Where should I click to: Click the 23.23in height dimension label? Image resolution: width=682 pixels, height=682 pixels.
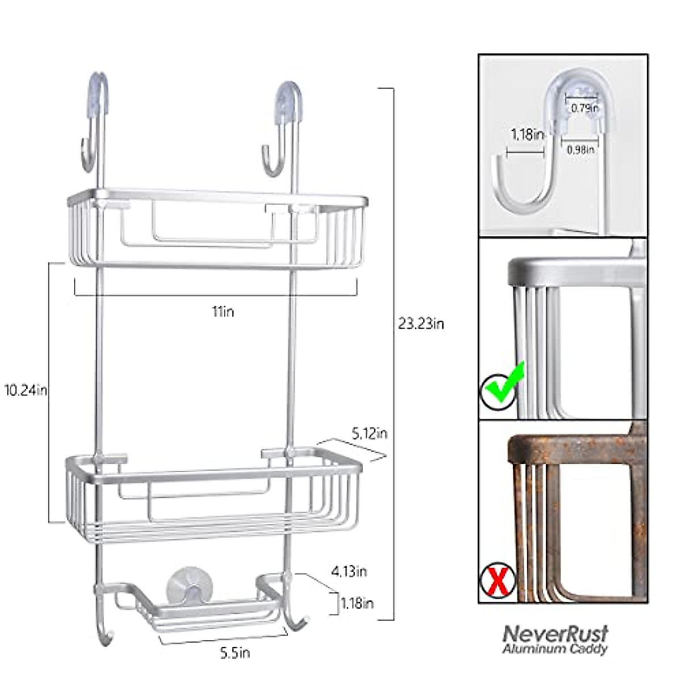421,324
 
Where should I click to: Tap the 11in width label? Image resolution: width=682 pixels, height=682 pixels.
223,311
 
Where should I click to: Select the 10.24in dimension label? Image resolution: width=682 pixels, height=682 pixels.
25,390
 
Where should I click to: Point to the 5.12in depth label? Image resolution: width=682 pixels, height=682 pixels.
369,433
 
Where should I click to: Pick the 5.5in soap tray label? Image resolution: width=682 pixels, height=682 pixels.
235,653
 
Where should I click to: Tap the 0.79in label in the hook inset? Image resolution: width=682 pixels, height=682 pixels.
585,107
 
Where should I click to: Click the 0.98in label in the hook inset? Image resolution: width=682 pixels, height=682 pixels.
581,149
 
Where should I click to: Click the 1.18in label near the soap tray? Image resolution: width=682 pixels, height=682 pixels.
357,603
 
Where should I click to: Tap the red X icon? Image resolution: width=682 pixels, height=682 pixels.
497,581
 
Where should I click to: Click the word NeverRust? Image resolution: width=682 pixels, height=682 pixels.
555,633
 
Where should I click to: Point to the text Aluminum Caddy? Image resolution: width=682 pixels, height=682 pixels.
555,648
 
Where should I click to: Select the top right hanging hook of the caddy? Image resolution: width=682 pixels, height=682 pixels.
282,128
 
